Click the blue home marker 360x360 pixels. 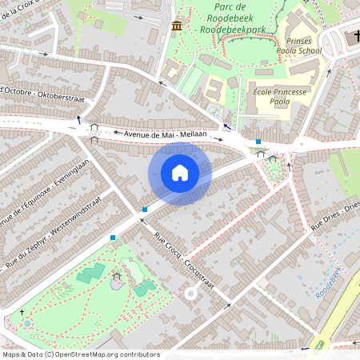point(180,173)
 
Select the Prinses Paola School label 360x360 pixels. point(302,45)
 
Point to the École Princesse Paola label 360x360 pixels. point(280,97)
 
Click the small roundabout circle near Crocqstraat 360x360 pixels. point(190,294)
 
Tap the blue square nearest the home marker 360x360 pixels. point(145,210)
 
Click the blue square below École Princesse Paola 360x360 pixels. point(258,142)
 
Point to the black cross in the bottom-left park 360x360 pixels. point(22,311)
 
